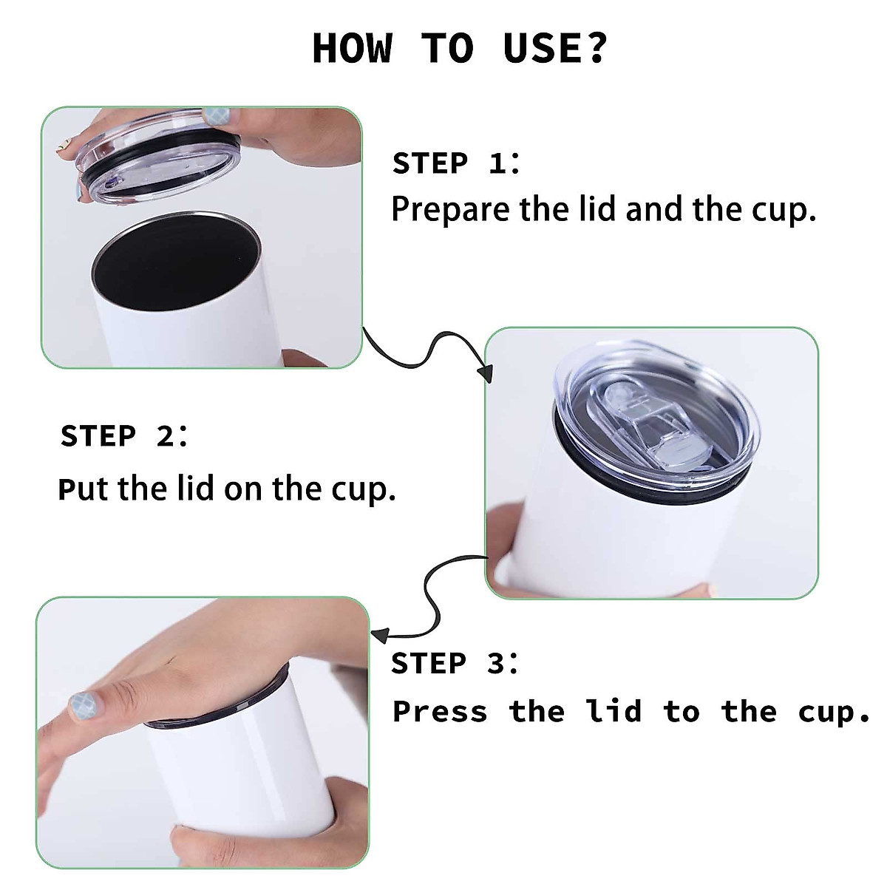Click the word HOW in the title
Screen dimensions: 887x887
click(x=353, y=48)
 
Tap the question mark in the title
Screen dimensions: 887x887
click(x=596, y=47)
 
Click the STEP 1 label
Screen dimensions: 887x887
click(x=456, y=163)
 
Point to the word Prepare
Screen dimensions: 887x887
click(x=451, y=210)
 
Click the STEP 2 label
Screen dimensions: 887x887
click(x=124, y=435)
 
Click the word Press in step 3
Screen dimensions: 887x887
click(x=440, y=711)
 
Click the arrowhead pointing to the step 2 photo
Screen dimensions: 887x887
click(x=486, y=373)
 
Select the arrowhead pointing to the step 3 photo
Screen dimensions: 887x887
click(x=380, y=635)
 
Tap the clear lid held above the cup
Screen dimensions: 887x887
click(x=159, y=155)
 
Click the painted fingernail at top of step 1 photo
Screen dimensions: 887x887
click(x=217, y=116)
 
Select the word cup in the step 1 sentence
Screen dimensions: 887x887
click(x=784, y=211)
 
